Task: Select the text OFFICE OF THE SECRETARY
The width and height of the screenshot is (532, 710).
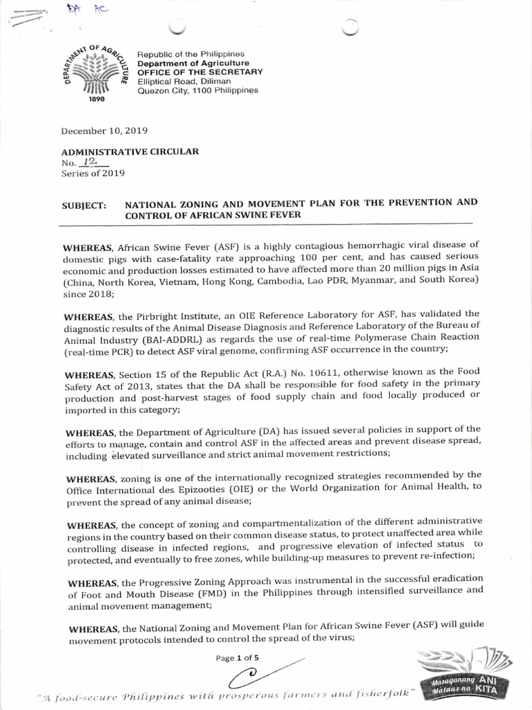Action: point(200,72)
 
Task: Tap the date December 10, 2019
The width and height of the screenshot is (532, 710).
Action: point(104,130)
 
